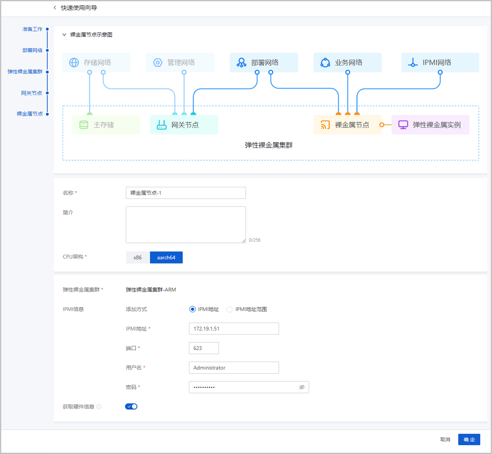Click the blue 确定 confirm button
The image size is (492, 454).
click(469, 439)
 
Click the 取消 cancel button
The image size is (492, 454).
click(445, 439)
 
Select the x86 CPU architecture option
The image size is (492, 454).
click(137, 257)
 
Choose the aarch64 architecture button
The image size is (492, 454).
click(166, 257)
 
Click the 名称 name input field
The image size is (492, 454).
click(186, 193)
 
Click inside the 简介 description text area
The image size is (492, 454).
click(186, 225)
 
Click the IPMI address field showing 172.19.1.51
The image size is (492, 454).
click(234, 329)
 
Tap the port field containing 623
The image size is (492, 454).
click(204, 348)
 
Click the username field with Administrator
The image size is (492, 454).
click(234, 368)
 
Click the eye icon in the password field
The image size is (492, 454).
click(302, 387)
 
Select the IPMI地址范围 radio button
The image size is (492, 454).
click(230, 309)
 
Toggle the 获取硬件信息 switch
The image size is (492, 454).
click(131, 406)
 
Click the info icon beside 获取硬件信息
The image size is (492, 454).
click(99, 407)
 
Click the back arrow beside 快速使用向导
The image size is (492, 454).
click(55, 8)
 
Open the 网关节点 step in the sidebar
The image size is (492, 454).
click(32, 93)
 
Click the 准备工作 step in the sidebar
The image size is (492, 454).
click(32, 29)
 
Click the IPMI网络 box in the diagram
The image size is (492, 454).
click(440, 62)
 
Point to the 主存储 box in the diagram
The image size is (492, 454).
click(106, 125)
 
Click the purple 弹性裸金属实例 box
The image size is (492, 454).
click(430, 125)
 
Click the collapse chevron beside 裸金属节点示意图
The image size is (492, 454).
click(64, 35)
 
